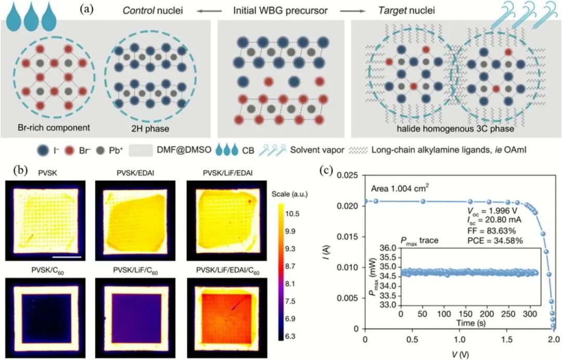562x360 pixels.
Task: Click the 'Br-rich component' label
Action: [x=54, y=127]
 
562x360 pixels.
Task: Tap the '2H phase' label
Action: [x=150, y=128]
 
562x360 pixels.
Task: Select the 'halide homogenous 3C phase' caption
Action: [x=455, y=128]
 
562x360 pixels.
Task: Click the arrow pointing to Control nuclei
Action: [x=208, y=11]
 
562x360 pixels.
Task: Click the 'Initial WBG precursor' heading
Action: [x=280, y=11]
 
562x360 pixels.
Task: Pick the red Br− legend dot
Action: [x=69, y=151]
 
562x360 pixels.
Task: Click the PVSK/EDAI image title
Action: [x=135, y=173]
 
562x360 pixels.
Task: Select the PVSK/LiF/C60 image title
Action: [x=135, y=271]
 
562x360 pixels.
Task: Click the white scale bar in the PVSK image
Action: [x=67, y=256]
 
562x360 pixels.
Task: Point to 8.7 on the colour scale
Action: [x=290, y=266]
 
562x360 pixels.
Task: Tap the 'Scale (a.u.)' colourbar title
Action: [x=290, y=195]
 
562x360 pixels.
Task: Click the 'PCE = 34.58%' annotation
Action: [x=495, y=241]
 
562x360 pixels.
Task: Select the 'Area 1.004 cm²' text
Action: [x=400, y=188]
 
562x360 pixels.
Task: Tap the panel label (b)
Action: [x=20, y=170]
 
